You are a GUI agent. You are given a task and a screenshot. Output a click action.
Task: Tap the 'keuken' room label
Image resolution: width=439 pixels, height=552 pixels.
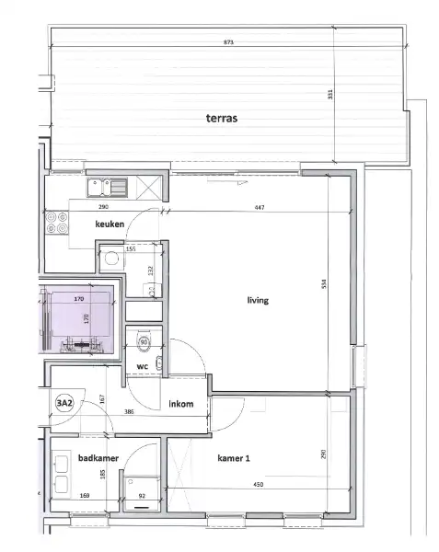click(110, 224)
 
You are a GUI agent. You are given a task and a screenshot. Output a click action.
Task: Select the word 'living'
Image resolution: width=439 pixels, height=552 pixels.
click(257, 300)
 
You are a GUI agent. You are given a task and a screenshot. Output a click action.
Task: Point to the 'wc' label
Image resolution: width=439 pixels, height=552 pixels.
click(143, 366)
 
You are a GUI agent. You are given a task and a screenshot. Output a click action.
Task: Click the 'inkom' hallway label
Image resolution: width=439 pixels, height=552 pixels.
click(180, 404)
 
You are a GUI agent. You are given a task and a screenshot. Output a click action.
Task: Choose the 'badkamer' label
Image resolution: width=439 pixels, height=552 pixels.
click(97, 456)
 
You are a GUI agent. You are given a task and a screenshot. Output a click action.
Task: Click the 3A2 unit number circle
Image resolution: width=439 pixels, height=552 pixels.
click(64, 403)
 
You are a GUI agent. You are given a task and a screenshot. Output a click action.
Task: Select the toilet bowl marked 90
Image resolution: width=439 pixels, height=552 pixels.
click(143, 343)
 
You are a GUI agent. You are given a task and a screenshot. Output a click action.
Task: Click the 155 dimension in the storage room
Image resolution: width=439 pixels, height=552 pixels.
click(130, 248)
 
